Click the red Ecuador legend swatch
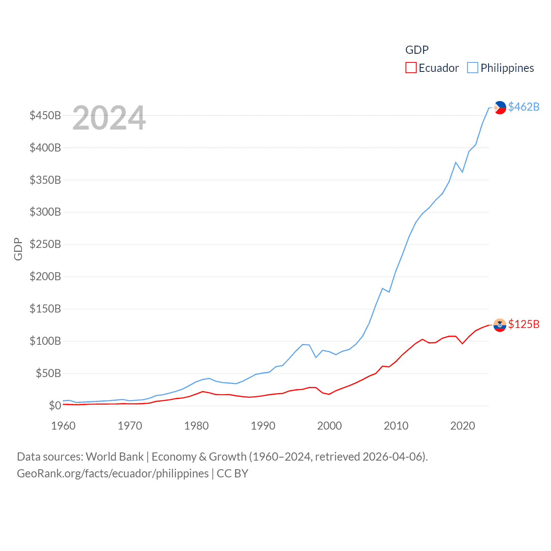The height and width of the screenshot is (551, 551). pos(411,68)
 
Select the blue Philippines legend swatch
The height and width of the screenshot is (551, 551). pos(473,68)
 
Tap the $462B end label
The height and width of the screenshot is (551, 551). pos(523,107)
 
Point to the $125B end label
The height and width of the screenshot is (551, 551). pos(523,324)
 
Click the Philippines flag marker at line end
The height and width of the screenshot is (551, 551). pos(500,107)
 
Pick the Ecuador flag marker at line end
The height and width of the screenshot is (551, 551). pos(500,325)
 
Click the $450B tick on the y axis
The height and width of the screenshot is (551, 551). pos(45,115)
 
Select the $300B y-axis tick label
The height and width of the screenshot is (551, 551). pos(45,212)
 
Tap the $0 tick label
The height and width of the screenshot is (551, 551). pos(55,406)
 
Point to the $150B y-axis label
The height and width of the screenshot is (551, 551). pos(45,309)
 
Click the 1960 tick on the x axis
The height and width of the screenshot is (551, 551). pos(63,426)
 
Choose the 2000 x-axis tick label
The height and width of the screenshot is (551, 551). pos(329,426)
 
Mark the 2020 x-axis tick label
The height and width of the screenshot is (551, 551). pos(462,426)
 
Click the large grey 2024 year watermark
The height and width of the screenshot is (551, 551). pos(109,118)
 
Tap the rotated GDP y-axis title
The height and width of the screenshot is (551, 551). pos(18,249)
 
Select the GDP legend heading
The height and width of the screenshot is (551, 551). pos(417,50)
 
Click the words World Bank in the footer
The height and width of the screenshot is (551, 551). pos(115,456)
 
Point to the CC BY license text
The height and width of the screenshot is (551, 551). pos(232,474)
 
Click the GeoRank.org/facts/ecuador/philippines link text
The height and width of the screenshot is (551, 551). pos(113,474)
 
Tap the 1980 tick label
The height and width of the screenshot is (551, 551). pos(196,426)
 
